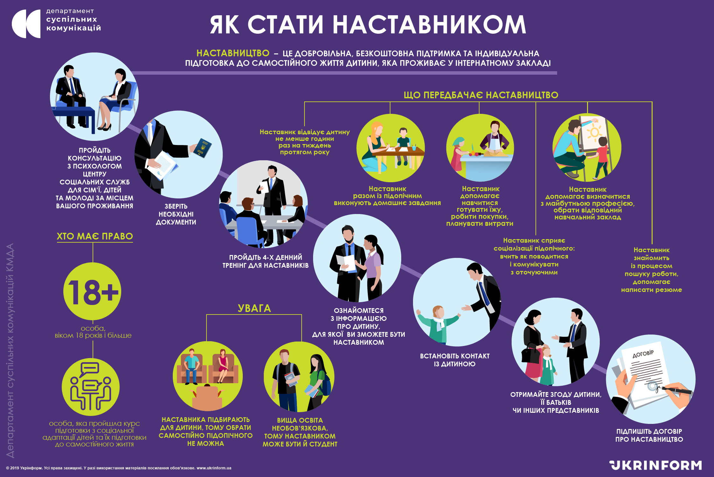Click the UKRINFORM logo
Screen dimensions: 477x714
click(656, 465)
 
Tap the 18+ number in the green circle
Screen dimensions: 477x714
click(93, 292)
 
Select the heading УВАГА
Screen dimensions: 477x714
click(254, 308)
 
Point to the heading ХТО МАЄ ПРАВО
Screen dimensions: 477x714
click(94, 236)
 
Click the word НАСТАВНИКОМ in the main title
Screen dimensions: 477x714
click(429, 25)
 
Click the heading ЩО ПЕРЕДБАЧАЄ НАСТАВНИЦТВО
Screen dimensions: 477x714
click(481, 95)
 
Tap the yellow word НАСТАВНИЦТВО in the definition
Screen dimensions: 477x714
click(233, 53)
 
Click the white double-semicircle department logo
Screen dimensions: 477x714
click(26, 24)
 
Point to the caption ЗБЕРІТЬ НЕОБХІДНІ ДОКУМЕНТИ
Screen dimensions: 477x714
click(176, 214)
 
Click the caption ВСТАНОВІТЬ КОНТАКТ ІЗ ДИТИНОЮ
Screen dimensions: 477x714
click(455, 360)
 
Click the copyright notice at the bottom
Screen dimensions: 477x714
click(119, 468)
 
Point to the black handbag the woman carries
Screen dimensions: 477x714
click(530, 355)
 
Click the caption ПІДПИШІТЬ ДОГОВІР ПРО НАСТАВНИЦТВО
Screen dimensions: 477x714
click(649, 435)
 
